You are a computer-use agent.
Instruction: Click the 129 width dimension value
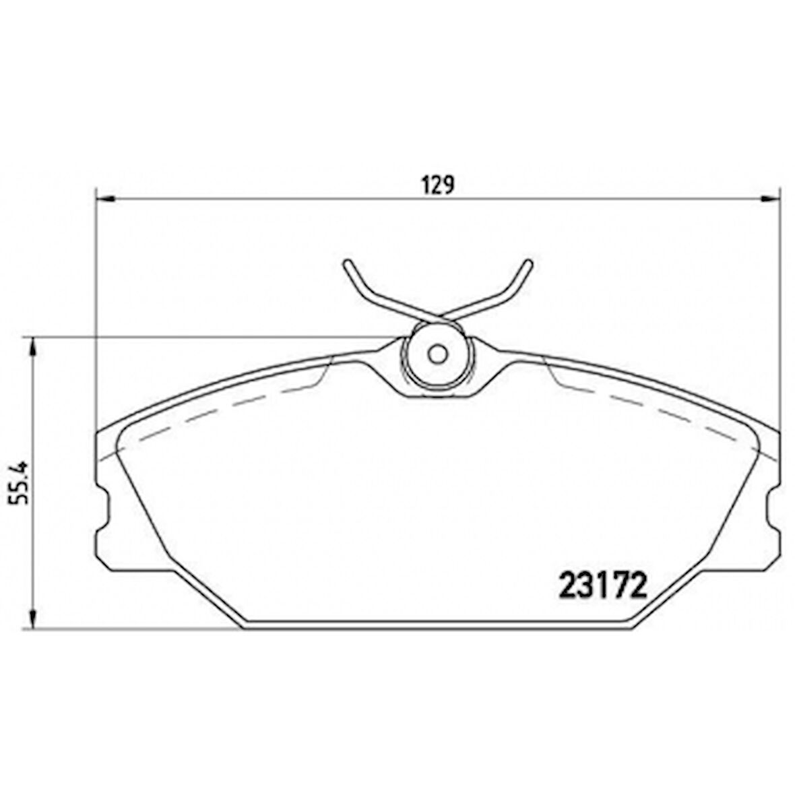[x=438, y=185]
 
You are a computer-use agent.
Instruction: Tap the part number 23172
[x=604, y=585]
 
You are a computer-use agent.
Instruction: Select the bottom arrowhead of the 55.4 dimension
[x=33, y=618]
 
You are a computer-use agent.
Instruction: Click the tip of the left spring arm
[x=347, y=263]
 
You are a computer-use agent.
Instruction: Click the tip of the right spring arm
[x=528, y=263]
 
